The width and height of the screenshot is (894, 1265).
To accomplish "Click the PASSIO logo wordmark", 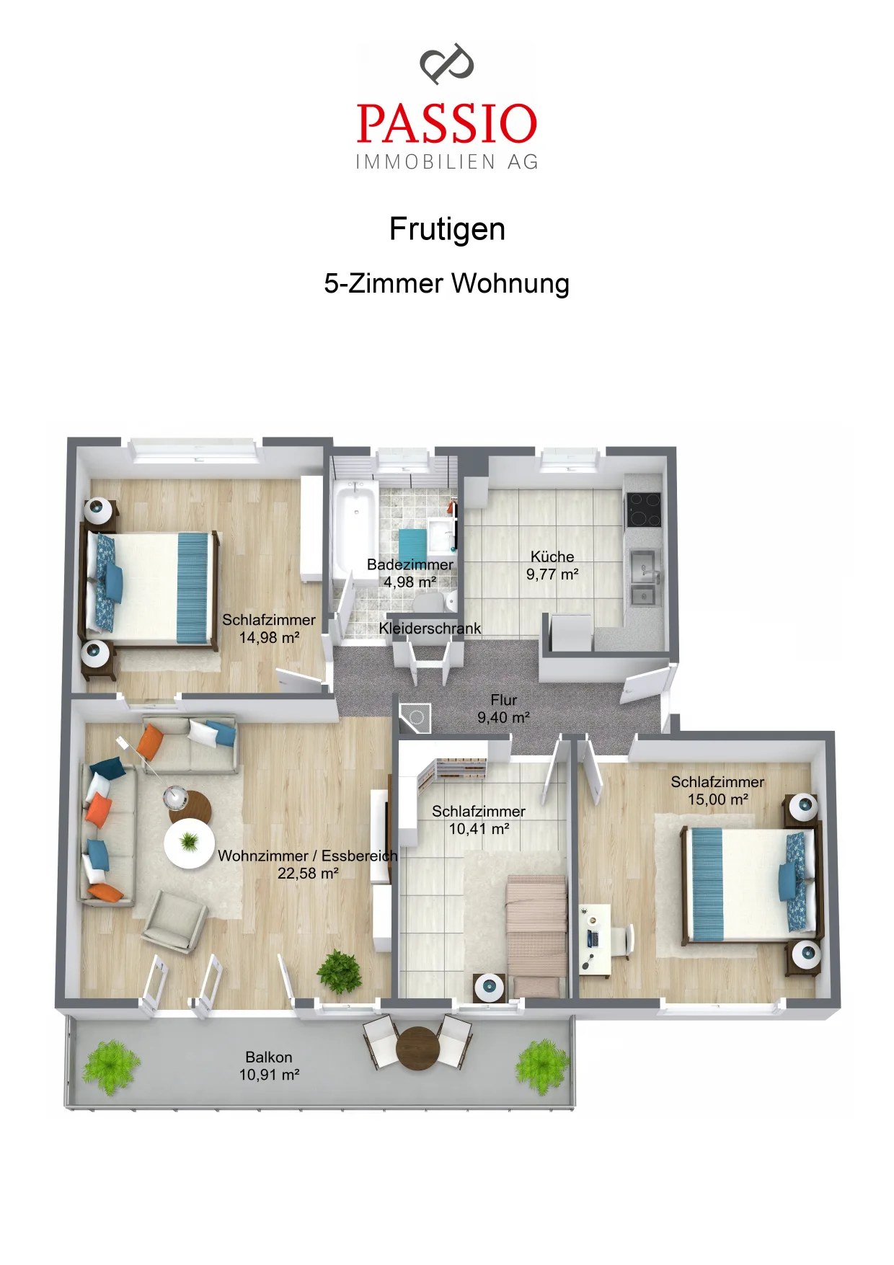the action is tap(447, 123).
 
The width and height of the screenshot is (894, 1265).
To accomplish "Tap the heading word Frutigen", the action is tap(447, 229).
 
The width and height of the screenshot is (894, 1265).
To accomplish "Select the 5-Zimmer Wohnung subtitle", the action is tap(447, 283).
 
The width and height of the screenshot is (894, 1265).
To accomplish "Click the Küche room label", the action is tap(552, 556).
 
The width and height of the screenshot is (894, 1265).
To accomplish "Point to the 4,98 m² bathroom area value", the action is tap(410, 582).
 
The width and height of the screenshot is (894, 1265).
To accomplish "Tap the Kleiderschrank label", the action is tap(430, 629).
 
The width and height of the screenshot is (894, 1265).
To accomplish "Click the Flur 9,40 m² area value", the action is tap(503, 718).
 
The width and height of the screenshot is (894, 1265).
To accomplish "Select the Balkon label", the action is tap(269, 1057).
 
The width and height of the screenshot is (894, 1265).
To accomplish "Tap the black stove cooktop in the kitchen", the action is tap(643, 510).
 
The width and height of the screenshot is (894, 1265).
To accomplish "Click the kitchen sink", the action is tap(644, 577).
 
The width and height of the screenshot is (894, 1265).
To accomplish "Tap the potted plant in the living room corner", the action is tap(340, 972).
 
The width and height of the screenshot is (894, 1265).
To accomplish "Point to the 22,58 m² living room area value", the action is tap(308, 874).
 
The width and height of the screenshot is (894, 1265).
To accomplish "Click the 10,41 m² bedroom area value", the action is tap(479, 829).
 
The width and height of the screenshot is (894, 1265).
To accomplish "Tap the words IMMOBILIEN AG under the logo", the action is tap(447, 162).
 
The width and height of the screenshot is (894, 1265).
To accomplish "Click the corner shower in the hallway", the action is tap(416, 719).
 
